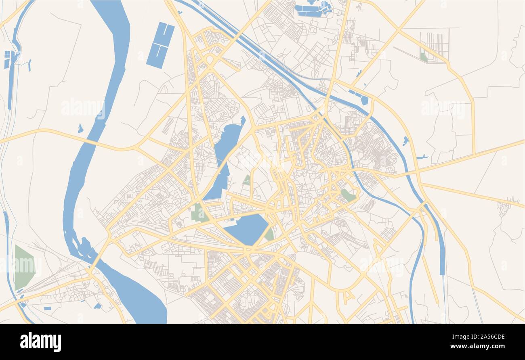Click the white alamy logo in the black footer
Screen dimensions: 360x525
coord(40,341)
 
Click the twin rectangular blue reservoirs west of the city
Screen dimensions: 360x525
coord(160,45)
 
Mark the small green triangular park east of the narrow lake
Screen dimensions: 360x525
coord(246,180)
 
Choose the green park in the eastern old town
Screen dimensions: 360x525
coord(348,195)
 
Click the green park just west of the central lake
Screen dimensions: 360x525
coord(198,213)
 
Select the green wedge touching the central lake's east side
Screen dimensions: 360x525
coord(269,234)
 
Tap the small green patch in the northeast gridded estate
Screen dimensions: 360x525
coord(423,57)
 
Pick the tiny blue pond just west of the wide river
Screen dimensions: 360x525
coord(80,129)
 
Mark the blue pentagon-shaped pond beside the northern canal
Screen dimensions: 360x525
coord(364,100)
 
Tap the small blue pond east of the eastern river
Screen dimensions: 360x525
coord(405,141)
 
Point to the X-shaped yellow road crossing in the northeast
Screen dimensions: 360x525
coord(399,30)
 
